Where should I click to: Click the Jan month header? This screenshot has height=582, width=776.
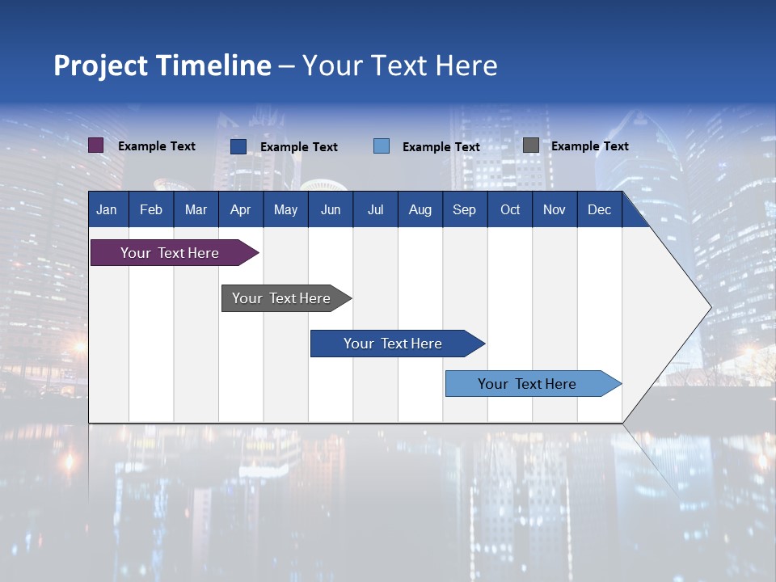107,209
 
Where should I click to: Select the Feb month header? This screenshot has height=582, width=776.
151,209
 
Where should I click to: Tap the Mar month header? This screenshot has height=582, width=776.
196,209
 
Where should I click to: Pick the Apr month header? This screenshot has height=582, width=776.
241,209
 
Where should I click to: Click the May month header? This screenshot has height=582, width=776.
285,209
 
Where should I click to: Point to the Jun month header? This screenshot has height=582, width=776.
331,209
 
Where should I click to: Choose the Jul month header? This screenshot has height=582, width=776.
375,209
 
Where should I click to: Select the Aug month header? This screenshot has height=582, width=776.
420,209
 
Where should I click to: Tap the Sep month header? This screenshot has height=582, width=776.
465,209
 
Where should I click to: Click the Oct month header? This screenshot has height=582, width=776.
510,209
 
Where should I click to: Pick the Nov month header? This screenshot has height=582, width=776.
555,209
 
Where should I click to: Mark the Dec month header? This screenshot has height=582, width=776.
600,209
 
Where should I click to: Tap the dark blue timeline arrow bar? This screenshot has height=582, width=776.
394,344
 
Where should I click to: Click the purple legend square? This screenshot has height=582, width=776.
96,145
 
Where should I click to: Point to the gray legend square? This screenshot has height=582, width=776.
531,145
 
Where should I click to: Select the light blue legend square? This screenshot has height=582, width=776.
382,145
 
